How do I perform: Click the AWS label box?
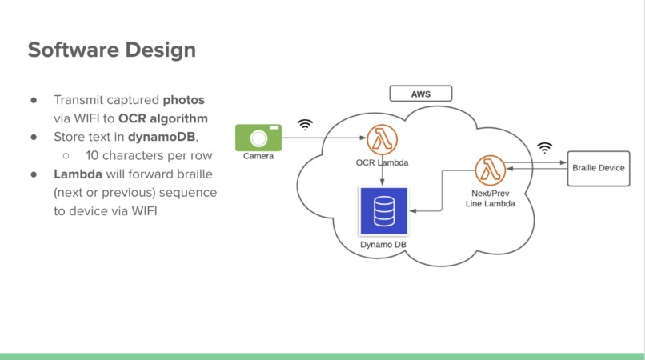tap(420, 94)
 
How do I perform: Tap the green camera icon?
tap(258, 138)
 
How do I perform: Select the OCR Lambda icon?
tap(382, 140)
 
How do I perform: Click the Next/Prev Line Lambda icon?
tap(490, 170)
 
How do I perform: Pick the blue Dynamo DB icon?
tap(384, 211)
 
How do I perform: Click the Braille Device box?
tap(599, 168)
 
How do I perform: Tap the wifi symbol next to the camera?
tap(305, 124)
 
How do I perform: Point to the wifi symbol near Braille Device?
tap(545, 148)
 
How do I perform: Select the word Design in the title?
tap(161, 50)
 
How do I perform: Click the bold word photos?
tap(183, 100)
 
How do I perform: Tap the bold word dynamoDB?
tap(162, 137)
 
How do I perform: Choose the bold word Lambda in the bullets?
tap(78, 174)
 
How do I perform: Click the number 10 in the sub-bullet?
tap(92, 155)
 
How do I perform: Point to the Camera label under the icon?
tap(258, 156)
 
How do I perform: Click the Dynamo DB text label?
tap(383, 244)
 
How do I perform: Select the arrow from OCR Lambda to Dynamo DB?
tap(383, 170)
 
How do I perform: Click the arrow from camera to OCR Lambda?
tap(324, 138)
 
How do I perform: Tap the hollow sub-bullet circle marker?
tap(66, 156)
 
